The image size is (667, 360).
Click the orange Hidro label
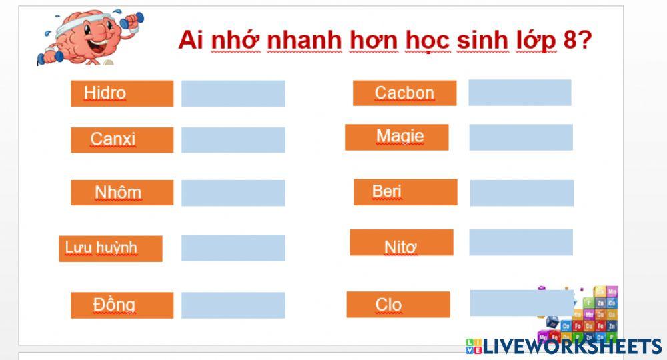[122, 93]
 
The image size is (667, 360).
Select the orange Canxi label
[122, 140]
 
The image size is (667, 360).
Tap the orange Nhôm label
[122, 193]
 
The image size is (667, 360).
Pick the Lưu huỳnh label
[110, 248]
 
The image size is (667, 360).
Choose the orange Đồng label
[122, 305]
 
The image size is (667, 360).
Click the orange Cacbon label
[404, 93]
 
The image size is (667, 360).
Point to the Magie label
[396, 137]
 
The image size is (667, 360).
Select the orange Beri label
[405, 192]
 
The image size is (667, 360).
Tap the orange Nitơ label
[401, 243]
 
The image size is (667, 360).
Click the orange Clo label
[398, 305]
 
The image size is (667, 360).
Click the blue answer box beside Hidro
[233, 93]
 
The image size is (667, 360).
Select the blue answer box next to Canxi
[233, 140]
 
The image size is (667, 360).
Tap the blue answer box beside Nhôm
[233, 193]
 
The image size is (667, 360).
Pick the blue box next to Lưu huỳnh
[233, 248]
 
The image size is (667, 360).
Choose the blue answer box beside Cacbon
[520, 93]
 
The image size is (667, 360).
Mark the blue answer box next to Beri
[522, 193]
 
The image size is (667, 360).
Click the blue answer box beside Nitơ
[520, 243]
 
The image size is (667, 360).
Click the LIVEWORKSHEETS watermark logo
[564, 346]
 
